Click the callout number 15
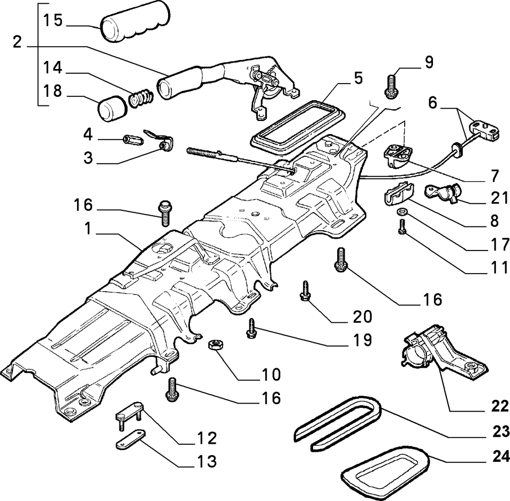53,20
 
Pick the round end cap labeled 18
111,108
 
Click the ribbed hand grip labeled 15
136,25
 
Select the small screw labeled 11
402,226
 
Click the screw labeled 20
305,290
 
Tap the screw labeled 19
252,328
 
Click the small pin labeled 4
133,140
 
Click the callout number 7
494,176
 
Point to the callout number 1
88,229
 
